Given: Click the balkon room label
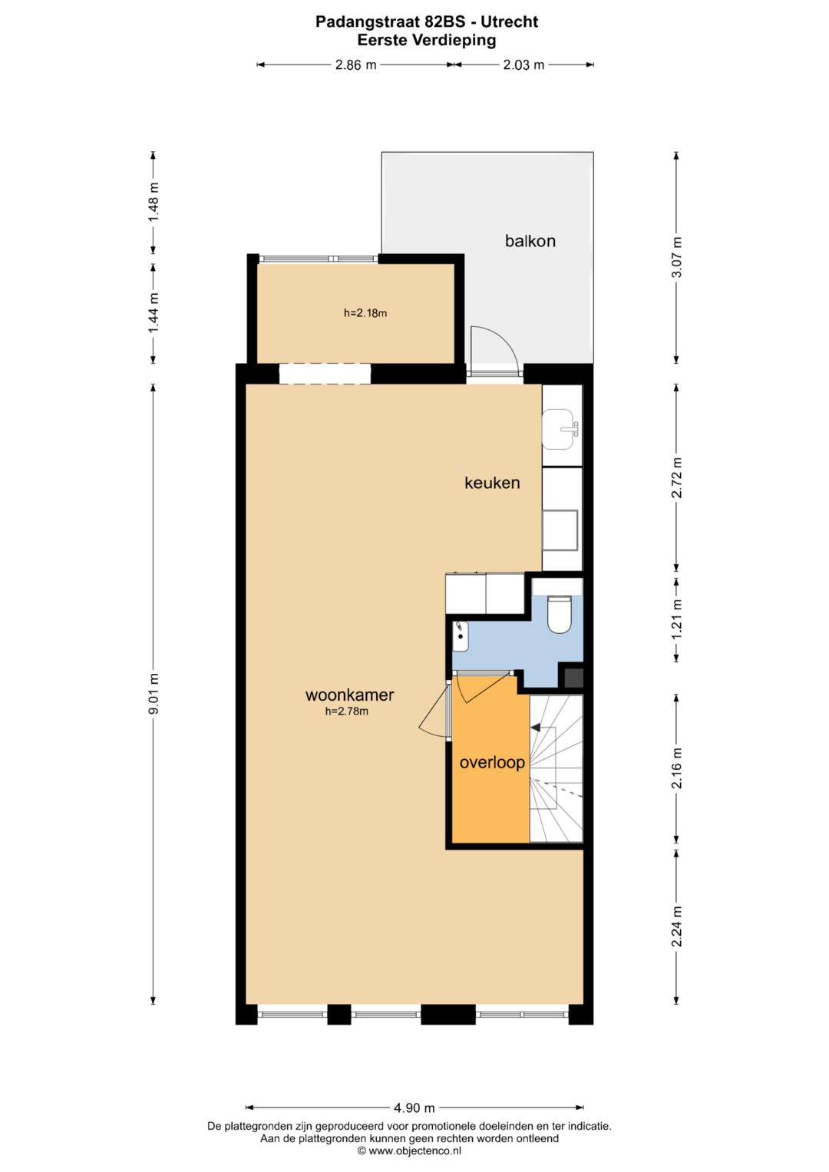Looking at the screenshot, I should pyautogui.click(x=530, y=241).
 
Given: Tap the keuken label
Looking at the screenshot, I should pyautogui.click(x=492, y=483).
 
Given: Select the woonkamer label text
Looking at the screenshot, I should pyautogui.click(x=349, y=695).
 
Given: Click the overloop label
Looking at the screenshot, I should pyautogui.click(x=492, y=762).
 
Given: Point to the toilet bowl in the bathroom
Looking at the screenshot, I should pyautogui.click(x=560, y=615).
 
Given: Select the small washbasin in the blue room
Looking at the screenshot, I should pyautogui.click(x=461, y=633).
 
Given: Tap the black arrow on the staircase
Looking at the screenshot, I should pyautogui.click(x=536, y=728).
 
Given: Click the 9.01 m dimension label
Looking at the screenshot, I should pyautogui.click(x=154, y=694).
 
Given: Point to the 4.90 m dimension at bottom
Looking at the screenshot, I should pyautogui.click(x=414, y=1108).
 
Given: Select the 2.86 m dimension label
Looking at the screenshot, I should pyautogui.click(x=355, y=65).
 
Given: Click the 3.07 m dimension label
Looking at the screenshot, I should pyautogui.click(x=676, y=258).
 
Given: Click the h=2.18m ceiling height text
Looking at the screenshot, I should pyautogui.click(x=365, y=313).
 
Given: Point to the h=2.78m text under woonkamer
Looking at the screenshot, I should pyautogui.click(x=347, y=711).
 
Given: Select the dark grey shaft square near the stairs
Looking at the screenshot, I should pyautogui.click(x=573, y=678).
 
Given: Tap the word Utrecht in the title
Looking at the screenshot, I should pyautogui.click(x=509, y=21).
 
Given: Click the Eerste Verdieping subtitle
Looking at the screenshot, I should pyautogui.click(x=426, y=41).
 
